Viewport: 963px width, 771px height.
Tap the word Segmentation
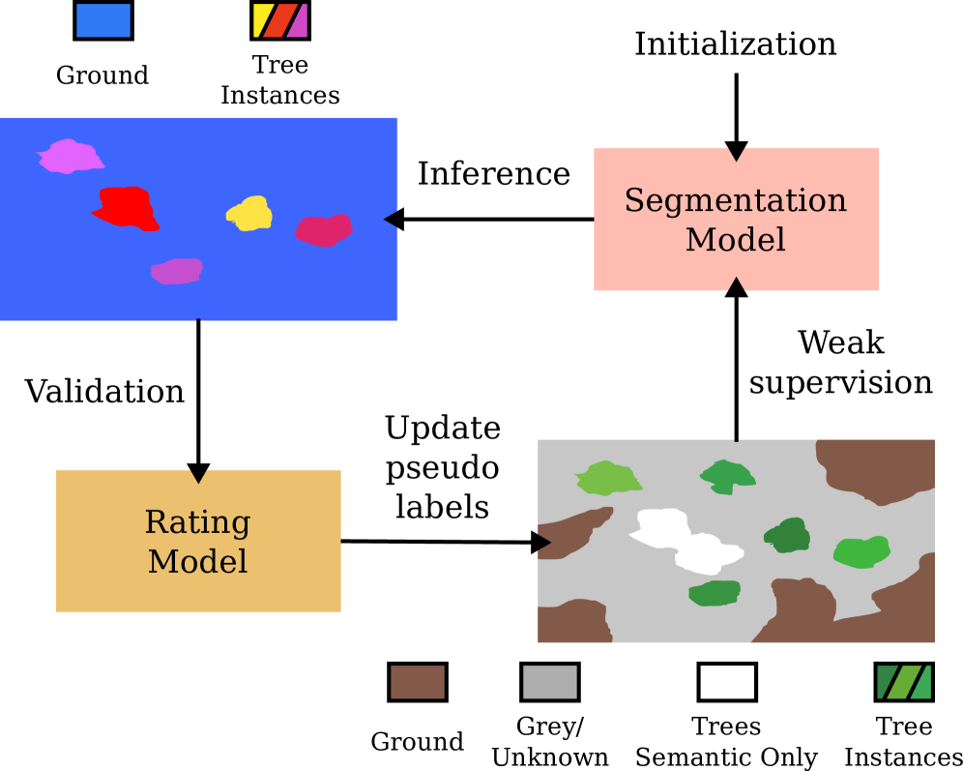pos(735,201)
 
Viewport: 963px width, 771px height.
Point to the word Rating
pos(197,522)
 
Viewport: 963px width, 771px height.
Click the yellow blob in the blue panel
pos(250,215)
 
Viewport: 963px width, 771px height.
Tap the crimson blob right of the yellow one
pos(323,231)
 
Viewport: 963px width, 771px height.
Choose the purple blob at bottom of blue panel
pos(177,272)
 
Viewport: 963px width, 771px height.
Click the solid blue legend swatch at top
pos(103,20)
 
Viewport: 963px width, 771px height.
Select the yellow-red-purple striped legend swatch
pos(280,20)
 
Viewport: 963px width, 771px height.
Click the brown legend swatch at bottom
pos(418,682)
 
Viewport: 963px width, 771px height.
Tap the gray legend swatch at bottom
pos(550,682)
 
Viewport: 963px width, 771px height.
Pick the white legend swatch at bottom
pos(727,682)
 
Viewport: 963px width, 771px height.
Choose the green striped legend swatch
pos(904,682)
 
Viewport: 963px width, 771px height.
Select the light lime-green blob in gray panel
pos(607,479)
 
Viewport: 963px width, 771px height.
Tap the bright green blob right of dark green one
pos(861,552)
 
